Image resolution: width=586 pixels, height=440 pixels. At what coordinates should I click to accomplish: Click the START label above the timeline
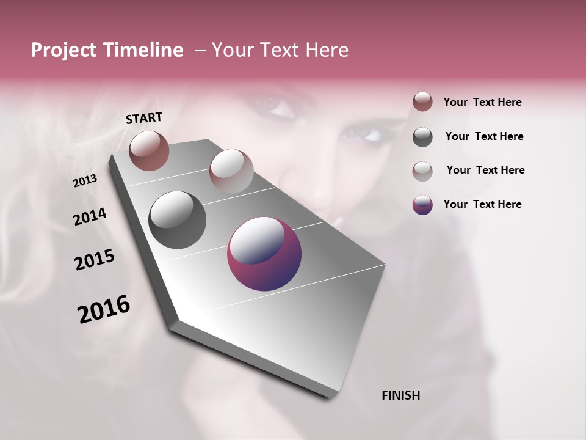click(144, 118)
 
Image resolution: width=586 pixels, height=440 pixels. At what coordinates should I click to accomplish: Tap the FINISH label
click(400, 395)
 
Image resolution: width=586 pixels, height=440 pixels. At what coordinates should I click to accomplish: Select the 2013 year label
click(85, 181)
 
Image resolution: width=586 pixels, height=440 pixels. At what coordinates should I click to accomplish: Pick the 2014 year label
click(90, 217)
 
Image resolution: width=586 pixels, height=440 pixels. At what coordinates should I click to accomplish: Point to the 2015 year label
click(95, 260)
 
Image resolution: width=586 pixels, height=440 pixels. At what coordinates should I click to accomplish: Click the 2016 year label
click(104, 309)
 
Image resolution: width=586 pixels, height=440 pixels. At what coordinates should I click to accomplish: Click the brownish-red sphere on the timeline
click(149, 150)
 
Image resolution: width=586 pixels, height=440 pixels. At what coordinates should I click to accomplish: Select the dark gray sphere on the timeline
click(177, 220)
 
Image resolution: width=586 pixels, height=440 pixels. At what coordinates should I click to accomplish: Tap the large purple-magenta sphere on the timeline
click(264, 254)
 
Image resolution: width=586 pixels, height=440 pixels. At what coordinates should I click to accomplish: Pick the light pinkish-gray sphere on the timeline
click(231, 170)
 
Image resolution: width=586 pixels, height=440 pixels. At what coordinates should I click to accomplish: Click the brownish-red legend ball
click(422, 101)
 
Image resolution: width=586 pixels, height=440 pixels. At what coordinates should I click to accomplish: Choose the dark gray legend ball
click(422, 137)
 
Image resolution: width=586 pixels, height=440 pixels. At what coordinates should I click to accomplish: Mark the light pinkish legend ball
click(422, 170)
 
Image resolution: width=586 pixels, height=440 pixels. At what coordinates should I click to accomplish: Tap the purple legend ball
click(422, 205)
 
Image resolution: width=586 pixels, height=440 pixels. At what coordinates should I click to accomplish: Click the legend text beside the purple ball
click(482, 204)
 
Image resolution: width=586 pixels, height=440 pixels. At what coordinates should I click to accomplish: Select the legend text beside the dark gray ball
click(484, 136)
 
